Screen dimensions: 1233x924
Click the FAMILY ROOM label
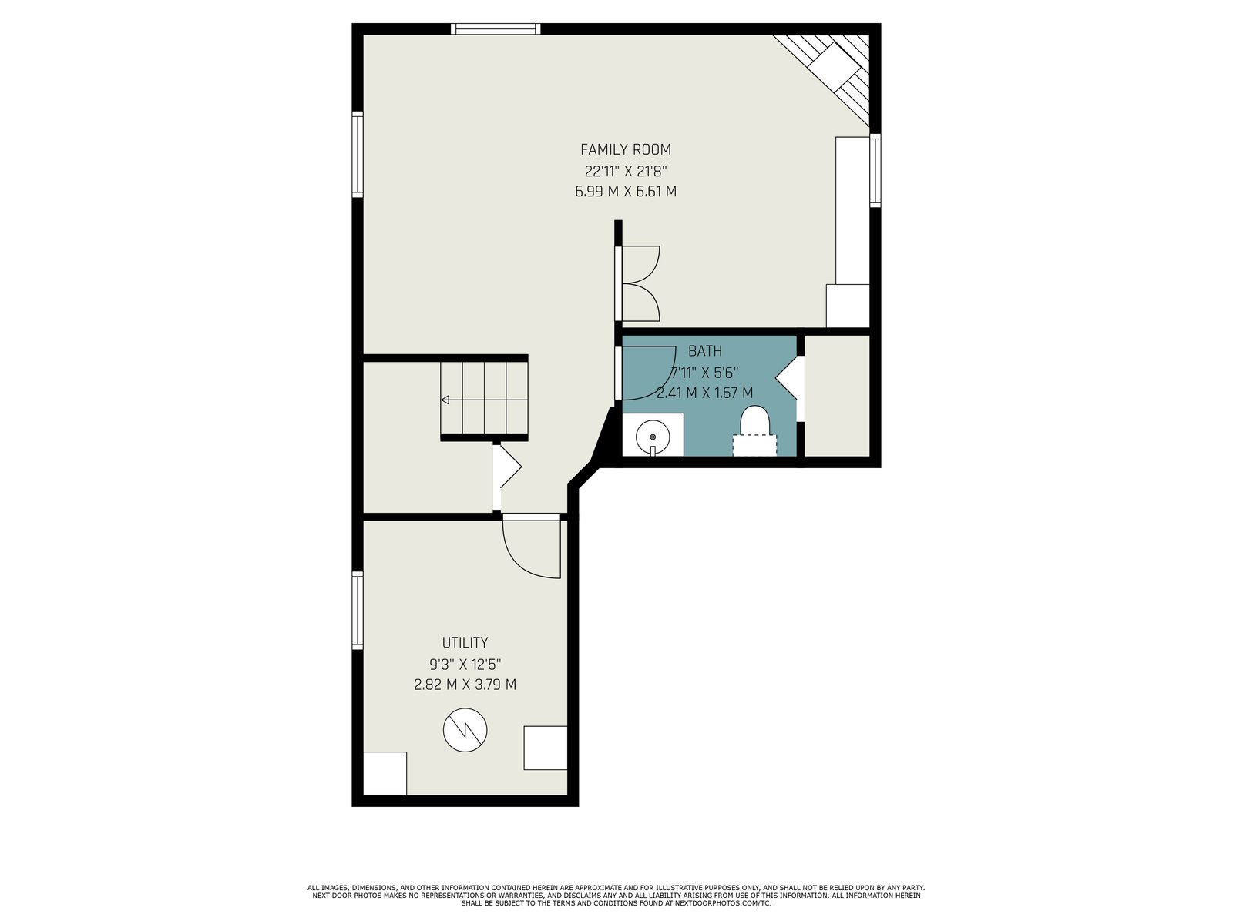pyautogui.click(x=625, y=150)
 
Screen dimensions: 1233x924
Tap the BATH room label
pyautogui.click(x=705, y=351)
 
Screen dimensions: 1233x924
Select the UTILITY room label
pyautogui.click(x=465, y=642)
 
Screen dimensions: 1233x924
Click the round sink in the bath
pyautogui.click(x=653, y=437)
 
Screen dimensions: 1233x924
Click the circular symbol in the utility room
pyautogui.click(x=465, y=730)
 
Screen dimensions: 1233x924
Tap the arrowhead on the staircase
pyautogui.click(x=445, y=400)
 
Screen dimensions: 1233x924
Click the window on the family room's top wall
pyautogui.click(x=496, y=28)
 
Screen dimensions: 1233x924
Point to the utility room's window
pyautogui.click(x=358, y=611)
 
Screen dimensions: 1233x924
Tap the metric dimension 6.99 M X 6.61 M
pyautogui.click(x=625, y=192)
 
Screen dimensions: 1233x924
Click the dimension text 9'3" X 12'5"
pyautogui.click(x=465, y=665)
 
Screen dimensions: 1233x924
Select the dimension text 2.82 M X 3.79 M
pyautogui.click(x=465, y=685)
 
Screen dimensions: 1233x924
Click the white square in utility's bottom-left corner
pyautogui.click(x=385, y=773)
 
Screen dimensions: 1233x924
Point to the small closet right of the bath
pyautogui.click(x=837, y=396)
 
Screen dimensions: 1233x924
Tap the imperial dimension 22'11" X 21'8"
pyautogui.click(x=625, y=170)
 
